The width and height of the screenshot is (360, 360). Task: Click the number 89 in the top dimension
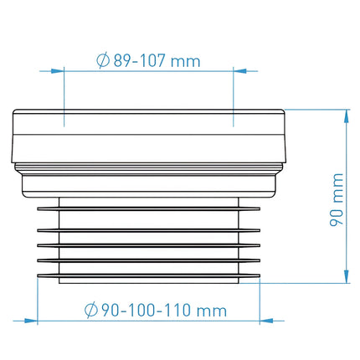coord(122,60)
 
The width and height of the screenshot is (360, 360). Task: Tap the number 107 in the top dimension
coord(152,60)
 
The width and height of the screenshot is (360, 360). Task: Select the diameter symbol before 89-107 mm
coord(103,60)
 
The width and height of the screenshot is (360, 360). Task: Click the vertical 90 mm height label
coord(337,199)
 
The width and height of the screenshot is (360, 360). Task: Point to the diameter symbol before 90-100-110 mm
coord(91,310)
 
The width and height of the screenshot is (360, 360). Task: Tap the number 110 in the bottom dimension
coord(177,310)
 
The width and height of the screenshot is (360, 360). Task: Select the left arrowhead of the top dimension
coord(58,71)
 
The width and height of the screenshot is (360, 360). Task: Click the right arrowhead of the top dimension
coord(240,71)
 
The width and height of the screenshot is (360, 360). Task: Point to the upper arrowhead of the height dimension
coord(347,116)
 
